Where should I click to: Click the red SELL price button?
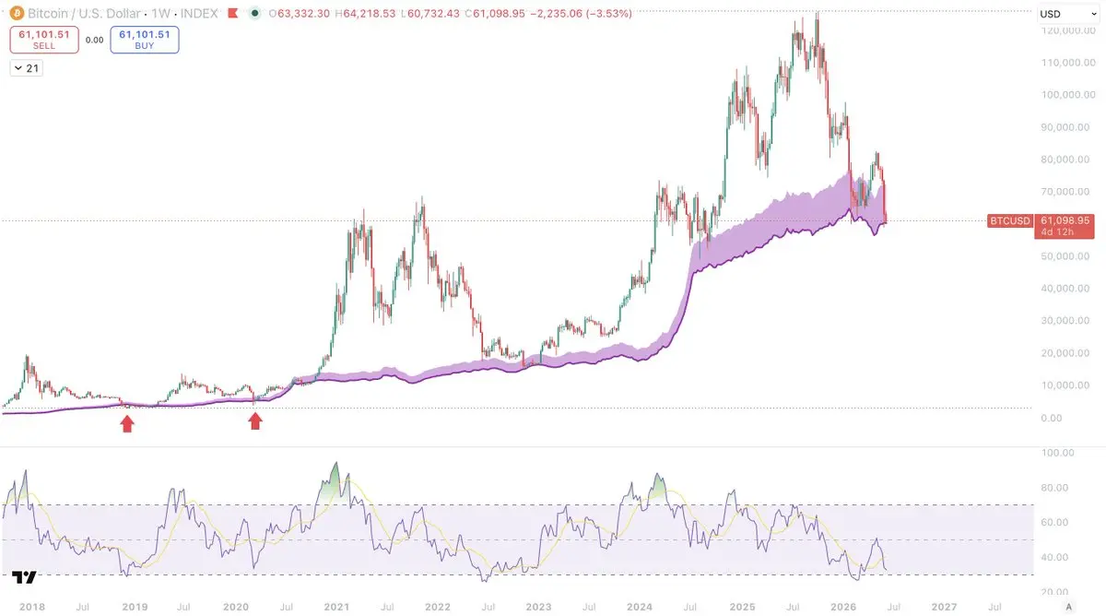tap(44, 40)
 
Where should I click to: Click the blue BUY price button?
tap(144, 40)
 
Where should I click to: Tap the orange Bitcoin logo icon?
tap(17, 13)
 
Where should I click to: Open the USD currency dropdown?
tap(1068, 14)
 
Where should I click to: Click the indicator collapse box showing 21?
tap(27, 68)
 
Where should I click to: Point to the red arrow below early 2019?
tap(127, 424)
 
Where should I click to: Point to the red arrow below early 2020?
tap(254, 421)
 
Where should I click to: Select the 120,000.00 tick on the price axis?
tap(1067, 30)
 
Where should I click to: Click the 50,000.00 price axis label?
tap(1065, 255)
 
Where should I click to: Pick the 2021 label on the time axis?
tap(336, 607)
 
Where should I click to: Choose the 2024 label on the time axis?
tap(640, 607)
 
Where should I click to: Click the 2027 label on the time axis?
tap(944, 607)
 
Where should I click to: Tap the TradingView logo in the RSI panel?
tap(24, 577)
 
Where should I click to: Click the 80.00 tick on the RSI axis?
tap(1054, 488)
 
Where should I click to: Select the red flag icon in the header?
tap(232, 13)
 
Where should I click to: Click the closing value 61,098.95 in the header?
tap(499, 13)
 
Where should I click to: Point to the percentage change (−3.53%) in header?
tap(609, 13)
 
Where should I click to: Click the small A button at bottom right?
tap(1068, 607)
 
